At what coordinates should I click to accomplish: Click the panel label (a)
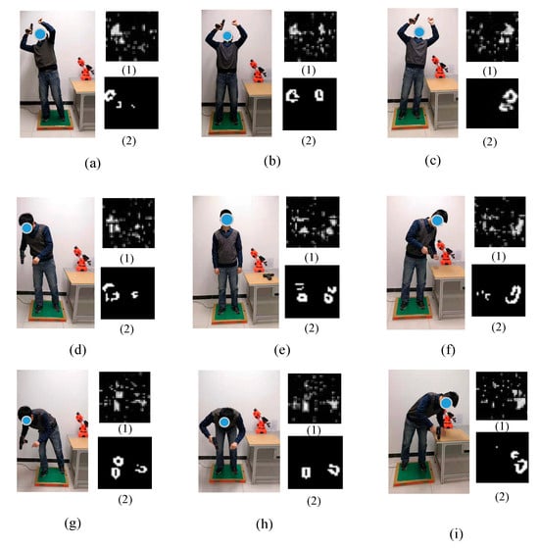[92, 163]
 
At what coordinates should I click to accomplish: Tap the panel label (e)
[282, 350]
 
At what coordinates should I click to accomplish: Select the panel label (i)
[457, 533]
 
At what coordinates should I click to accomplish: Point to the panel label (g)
[73, 523]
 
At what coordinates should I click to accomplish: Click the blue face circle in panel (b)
[227, 35]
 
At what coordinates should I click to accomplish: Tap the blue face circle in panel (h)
[224, 423]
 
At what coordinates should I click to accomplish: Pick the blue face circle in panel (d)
[26, 228]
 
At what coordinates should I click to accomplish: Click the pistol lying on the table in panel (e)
[269, 276]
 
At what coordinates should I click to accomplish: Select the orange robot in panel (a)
[85, 70]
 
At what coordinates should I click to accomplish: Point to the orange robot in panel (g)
[82, 425]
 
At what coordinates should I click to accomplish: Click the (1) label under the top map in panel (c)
[489, 72]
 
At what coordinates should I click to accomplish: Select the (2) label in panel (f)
[499, 327]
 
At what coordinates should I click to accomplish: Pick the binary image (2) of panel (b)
[310, 104]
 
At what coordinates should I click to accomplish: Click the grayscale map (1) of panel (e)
[313, 222]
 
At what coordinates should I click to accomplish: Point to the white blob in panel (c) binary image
[509, 100]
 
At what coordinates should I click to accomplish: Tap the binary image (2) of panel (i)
[503, 458]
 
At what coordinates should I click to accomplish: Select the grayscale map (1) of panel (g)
[124, 397]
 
